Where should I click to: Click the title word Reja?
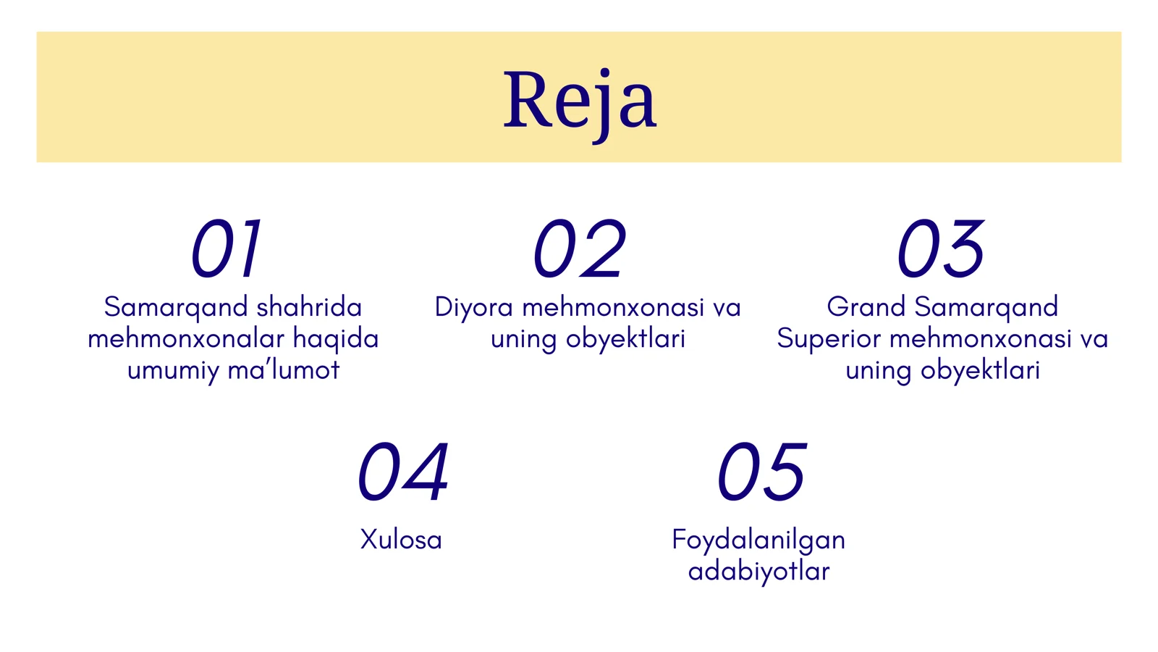pos(580,101)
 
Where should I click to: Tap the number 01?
pos(226,249)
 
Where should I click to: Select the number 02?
pos(579,249)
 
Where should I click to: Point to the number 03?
pos(941,249)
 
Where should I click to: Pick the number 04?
pos(403,472)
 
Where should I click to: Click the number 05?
pos(761,472)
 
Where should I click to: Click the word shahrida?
pos(309,307)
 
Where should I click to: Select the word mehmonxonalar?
pos(186,339)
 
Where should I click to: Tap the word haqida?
pos(336,339)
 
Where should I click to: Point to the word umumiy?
pos(173,371)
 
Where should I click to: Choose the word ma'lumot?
pos(284,370)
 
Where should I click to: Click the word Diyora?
pos(473,308)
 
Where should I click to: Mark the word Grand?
pos(866,307)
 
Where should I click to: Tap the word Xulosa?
pos(401,540)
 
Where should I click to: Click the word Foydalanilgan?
pos(758,540)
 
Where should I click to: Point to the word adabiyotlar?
pos(758,572)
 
